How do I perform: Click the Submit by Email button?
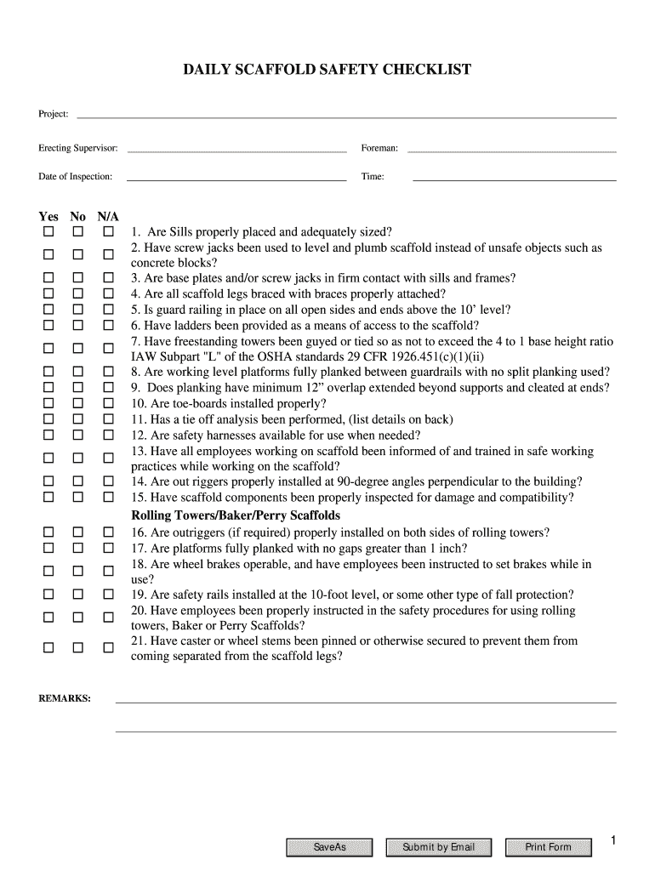point(438,847)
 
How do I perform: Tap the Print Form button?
point(548,847)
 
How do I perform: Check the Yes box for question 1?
point(48,232)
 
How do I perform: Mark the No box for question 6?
point(77,325)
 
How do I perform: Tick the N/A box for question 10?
point(108,403)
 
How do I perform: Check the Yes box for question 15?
point(48,497)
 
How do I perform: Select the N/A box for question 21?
point(108,648)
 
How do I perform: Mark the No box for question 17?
point(77,548)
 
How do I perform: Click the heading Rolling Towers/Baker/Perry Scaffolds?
point(235,515)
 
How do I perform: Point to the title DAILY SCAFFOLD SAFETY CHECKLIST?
point(327,70)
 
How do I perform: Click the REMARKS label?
point(65,698)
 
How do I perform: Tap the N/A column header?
point(108,217)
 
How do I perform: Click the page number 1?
point(612,841)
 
